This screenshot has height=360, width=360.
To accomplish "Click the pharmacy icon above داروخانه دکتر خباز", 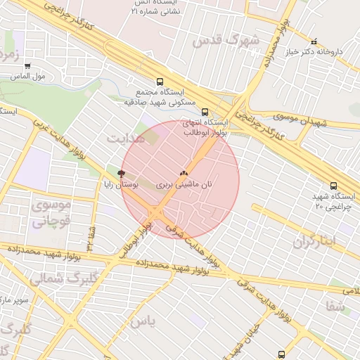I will pyautogui.click(x=314, y=41).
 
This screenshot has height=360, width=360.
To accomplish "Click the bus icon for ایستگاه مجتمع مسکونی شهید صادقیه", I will pyautogui.click(x=160, y=82).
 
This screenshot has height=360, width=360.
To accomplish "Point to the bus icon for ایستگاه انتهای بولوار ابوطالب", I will pyautogui.click(x=205, y=111).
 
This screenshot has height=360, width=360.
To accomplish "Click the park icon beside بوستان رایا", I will pyautogui.click(x=121, y=172).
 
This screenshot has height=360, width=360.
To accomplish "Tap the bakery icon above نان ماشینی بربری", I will pyautogui.click(x=184, y=172).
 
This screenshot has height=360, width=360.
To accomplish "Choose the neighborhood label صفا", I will pyautogui.click(x=335, y=307).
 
